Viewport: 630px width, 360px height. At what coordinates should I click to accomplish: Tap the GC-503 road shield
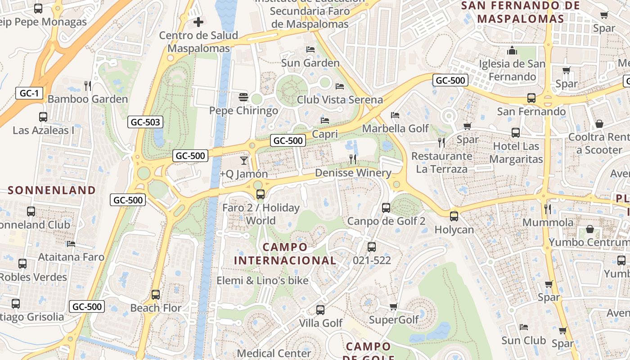pos(145,121)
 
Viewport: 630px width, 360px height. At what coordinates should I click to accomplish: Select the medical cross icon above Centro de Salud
pos(198,22)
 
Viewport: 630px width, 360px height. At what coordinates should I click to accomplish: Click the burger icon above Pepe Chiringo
pos(243,96)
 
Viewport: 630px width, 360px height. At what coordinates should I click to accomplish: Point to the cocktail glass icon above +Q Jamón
pos(244,160)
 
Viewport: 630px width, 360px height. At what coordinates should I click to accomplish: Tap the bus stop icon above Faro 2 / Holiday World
pos(260,194)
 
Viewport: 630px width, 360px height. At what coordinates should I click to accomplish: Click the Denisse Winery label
pos(353,173)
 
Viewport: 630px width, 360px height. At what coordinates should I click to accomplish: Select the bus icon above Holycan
pos(454,216)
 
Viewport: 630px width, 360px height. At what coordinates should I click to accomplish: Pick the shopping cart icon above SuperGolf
pos(394,307)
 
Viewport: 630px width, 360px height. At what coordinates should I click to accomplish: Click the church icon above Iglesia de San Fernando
pos(512,50)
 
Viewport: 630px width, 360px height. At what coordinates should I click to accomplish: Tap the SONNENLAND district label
pos(52,190)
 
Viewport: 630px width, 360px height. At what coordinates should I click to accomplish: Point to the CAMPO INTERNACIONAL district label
pos(285,253)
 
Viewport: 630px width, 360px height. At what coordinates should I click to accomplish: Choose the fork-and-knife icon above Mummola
pos(548,209)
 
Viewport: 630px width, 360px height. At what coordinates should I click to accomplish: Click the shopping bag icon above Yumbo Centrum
pos(589,229)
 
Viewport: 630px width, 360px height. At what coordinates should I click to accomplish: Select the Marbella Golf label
pos(396,128)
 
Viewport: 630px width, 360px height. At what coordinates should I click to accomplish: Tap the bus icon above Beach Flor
pos(156,295)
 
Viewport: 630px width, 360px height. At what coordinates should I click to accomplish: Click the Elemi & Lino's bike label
pos(263,280)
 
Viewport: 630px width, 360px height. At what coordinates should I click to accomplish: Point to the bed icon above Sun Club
pos(523,327)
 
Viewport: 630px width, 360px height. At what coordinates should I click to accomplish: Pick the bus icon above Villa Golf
pos(320,310)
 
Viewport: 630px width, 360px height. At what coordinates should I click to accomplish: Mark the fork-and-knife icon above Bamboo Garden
pos(88,85)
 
